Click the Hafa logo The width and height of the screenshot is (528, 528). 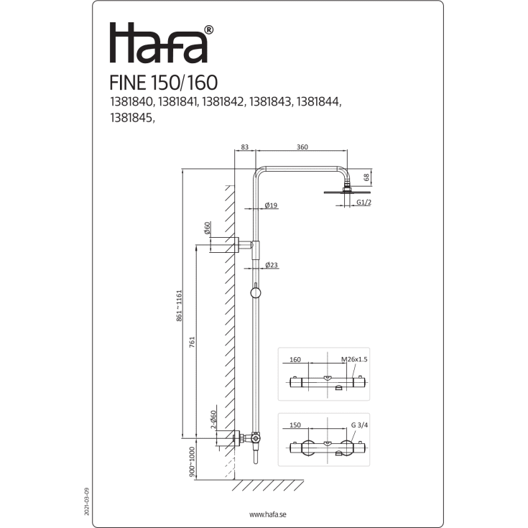tap(159, 44)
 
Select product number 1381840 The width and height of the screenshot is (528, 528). tap(131, 103)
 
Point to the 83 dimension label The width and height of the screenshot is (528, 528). tap(245, 147)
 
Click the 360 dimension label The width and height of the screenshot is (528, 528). tap(302, 147)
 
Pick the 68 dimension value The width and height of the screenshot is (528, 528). tap(366, 177)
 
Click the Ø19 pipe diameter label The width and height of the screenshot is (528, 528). tap(272, 205)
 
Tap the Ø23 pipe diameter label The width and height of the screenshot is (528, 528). tap(272, 265)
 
